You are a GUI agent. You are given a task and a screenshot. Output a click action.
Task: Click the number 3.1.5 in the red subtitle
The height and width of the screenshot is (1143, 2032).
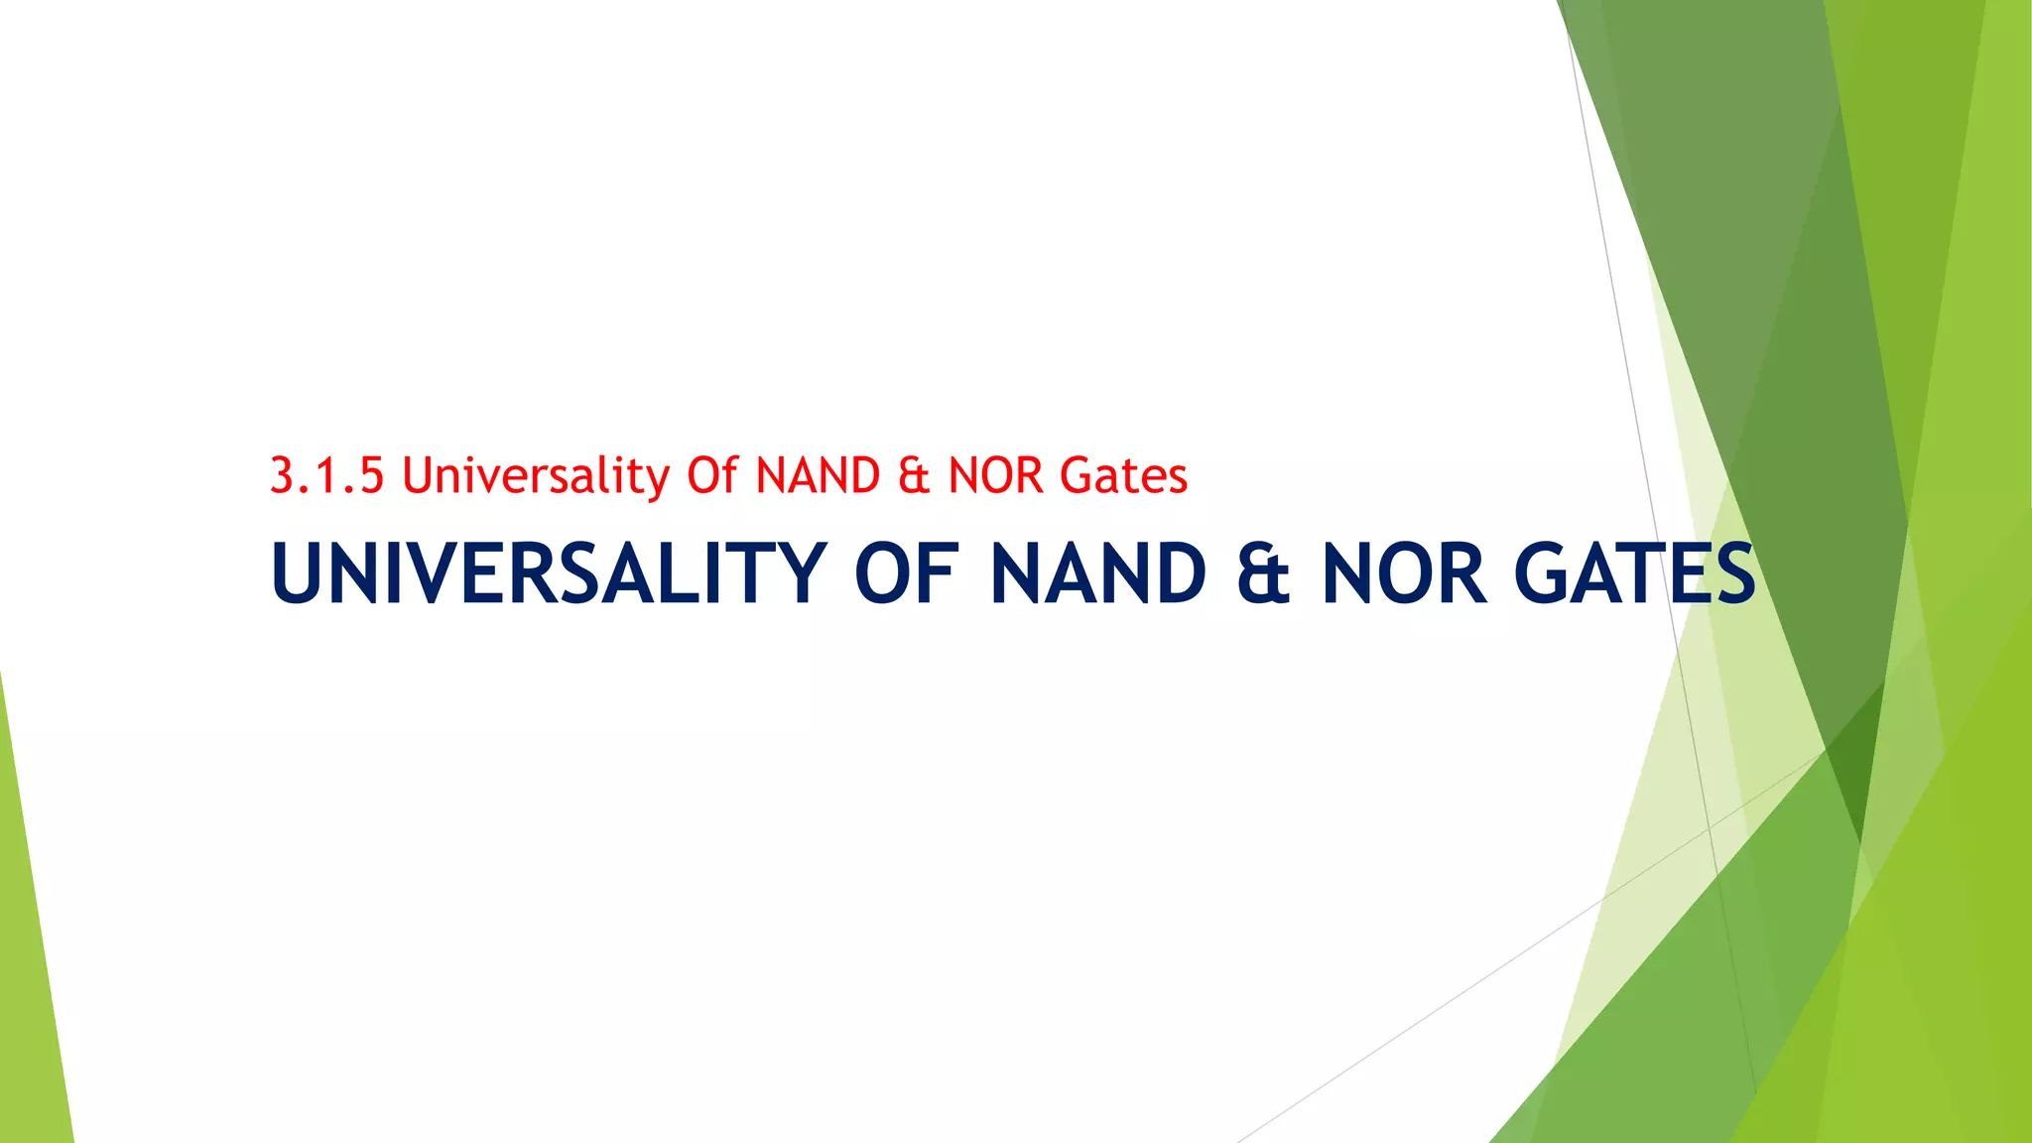[x=326, y=475]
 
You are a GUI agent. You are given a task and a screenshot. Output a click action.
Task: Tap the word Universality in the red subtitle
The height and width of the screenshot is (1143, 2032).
[x=536, y=475]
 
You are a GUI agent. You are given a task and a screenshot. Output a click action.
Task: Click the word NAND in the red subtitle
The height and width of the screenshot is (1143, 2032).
[x=818, y=475]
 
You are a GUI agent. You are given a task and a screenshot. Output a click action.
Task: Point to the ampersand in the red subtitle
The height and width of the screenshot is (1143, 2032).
[x=914, y=475]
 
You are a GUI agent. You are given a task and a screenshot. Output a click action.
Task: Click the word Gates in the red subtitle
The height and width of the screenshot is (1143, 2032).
[x=1123, y=475]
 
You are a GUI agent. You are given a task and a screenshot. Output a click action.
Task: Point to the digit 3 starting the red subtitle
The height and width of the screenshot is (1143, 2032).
[x=283, y=475]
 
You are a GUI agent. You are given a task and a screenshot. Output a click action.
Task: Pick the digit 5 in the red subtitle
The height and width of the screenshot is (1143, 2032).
[x=371, y=475]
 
